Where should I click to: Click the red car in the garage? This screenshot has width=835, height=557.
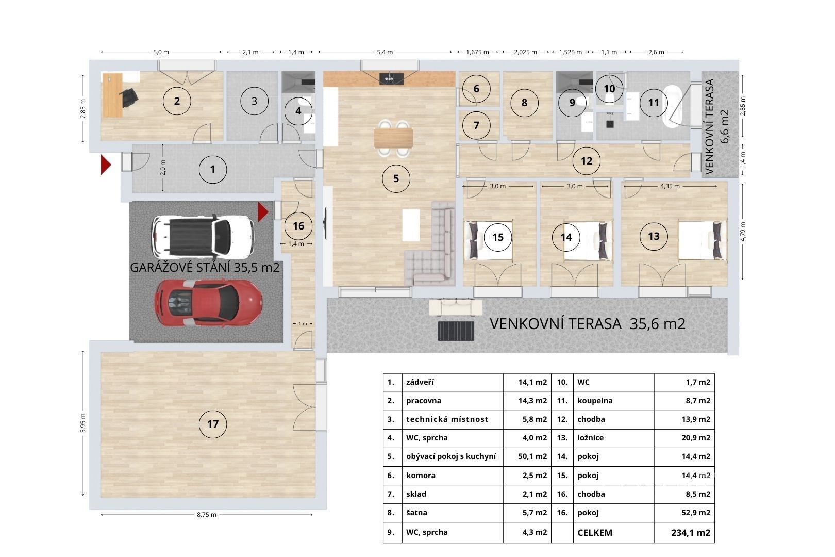click(208, 303)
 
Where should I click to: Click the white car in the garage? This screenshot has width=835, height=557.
click(203, 237)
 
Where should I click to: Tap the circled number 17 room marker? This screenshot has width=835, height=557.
click(213, 424)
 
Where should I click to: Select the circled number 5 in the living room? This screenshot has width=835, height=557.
click(396, 178)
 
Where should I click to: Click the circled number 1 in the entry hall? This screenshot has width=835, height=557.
click(213, 169)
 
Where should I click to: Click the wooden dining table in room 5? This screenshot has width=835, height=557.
click(393, 138)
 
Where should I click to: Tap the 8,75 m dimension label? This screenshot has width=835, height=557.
click(207, 515)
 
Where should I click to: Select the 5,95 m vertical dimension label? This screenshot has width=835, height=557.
click(83, 423)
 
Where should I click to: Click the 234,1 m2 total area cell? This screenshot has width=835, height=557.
click(691, 533)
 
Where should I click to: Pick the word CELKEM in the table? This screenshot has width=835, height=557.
click(595, 533)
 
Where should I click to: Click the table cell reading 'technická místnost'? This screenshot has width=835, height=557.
click(447, 419)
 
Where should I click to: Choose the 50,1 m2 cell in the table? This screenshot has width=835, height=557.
click(532, 456)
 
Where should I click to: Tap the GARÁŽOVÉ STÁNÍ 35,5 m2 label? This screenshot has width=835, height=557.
click(205, 268)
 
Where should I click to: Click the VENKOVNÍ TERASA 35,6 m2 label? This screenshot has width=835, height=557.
click(587, 324)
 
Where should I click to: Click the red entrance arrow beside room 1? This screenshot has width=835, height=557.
click(106, 165)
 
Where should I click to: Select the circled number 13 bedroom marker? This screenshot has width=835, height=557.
click(654, 236)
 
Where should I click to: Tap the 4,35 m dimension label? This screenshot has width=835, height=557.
click(670, 186)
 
